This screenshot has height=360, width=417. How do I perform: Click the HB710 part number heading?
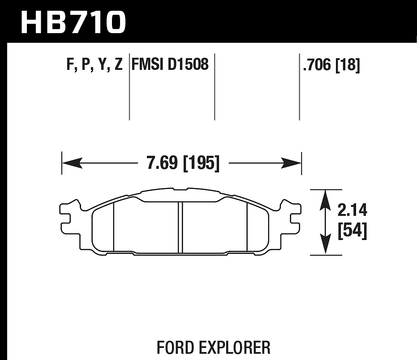point(73,22)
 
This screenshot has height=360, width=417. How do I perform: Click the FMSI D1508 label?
point(170,64)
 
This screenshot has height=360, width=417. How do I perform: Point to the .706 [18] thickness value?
point(331,65)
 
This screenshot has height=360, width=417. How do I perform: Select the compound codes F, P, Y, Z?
point(95,64)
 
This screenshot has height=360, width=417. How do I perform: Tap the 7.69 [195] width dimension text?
point(183,163)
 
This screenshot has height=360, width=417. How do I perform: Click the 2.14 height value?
point(353,210)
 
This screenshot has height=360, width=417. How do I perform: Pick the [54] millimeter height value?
point(353,231)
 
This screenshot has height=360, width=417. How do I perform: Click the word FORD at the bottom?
point(175,347)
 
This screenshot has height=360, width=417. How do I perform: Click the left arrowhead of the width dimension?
point(72,163)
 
